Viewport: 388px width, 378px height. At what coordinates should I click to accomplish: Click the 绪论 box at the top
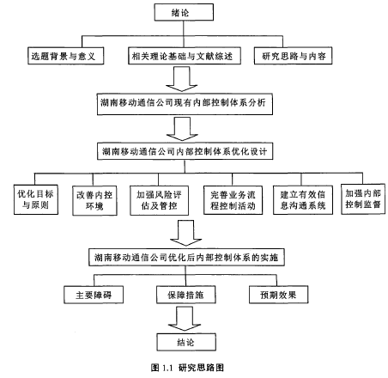(x=184, y=12)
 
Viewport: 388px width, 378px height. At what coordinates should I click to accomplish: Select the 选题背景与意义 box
(x=65, y=56)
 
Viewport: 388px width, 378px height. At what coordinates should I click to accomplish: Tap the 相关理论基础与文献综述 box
(x=185, y=56)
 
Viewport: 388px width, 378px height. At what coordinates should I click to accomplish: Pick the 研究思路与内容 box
(x=293, y=56)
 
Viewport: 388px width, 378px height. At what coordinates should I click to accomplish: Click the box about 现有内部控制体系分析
(x=185, y=104)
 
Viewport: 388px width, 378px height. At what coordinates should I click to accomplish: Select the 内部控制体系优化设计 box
(x=185, y=151)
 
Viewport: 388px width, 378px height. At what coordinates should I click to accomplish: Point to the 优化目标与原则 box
(x=36, y=199)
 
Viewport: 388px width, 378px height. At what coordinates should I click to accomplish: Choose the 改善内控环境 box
(x=94, y=200)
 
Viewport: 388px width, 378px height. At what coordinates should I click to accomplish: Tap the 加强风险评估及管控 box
(x=159, y=200)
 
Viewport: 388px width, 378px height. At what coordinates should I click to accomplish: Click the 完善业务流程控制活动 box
(x=233, y=200)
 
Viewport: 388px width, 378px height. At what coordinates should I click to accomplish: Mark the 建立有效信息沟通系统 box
(x=303, y=200)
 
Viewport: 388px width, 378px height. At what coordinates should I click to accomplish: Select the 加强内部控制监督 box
(x=363, y=199)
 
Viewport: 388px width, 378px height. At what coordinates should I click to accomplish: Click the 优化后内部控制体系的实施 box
(x=186, y=257)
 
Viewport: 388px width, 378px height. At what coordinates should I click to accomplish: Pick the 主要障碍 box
(x=94, y=295)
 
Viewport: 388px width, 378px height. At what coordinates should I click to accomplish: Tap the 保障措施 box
(x=186, y=295)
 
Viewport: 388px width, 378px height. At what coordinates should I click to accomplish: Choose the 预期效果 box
(x=278, y=295)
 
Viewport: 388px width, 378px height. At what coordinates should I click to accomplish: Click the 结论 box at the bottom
(x=186, y=342)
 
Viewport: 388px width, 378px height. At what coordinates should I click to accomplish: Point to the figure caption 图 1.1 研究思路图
(x=187, y=368)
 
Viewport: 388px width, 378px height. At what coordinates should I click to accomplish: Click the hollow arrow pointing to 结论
(x=185, y=319)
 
